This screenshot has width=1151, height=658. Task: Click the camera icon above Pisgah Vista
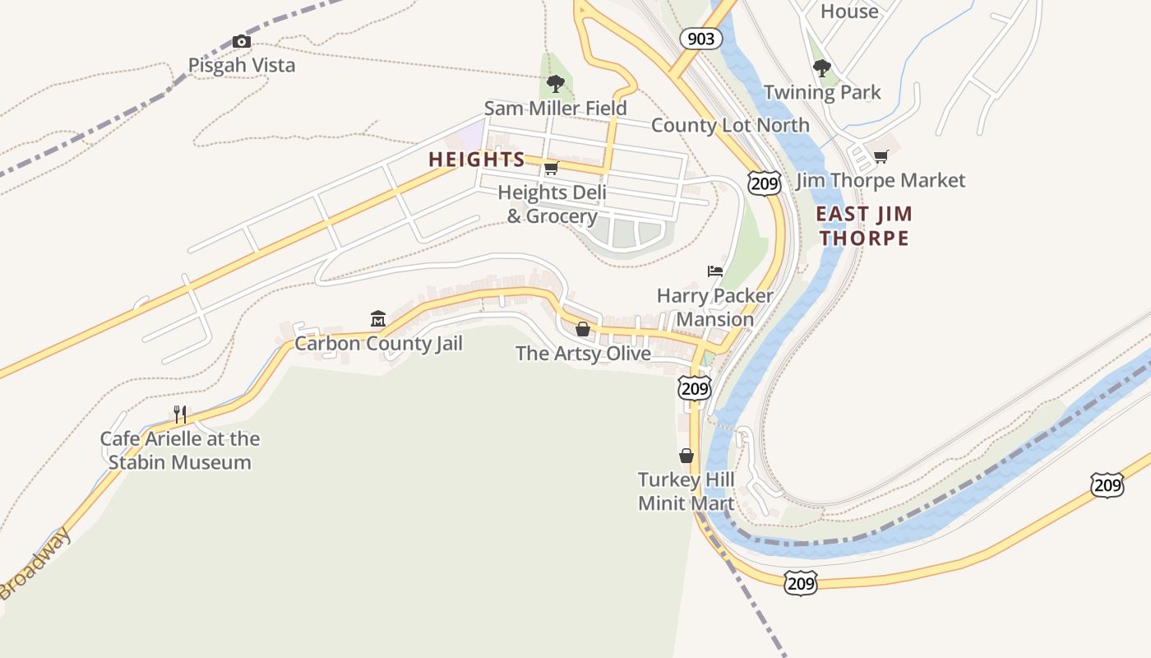(x=241, y=41)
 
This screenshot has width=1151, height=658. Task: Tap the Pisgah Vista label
(x=242, y=65)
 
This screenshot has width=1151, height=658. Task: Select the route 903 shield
(x=700, y=39)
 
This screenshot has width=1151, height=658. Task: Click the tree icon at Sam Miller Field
(x=555, y=83)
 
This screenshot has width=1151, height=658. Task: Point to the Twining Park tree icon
(x=821, y=68)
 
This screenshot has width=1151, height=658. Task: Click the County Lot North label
(x=730, y=125)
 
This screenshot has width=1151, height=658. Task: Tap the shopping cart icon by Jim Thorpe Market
(x=881, y=156)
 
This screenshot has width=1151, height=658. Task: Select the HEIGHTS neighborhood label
(x=477, y=160)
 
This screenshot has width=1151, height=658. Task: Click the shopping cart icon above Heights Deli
(x=551, y=169)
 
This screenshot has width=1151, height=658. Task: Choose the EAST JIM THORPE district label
(x=864, y=226)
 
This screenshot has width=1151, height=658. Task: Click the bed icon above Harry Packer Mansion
(x=715, y=271)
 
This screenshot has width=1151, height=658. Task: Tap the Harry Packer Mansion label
(x=715, y=307)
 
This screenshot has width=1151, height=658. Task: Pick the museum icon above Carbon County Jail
(x=378, y=318)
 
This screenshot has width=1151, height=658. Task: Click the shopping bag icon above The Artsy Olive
(x=583, y=329)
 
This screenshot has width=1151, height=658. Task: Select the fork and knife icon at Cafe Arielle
(x=180, y=414)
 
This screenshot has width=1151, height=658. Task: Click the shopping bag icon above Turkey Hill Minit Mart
(x=686, y=456)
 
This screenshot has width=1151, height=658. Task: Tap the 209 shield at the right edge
(x=1107, y=485)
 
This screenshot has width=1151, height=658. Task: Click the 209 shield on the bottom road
(x=800, y=583)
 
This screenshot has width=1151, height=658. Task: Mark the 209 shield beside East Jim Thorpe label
(x=764, y=183)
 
